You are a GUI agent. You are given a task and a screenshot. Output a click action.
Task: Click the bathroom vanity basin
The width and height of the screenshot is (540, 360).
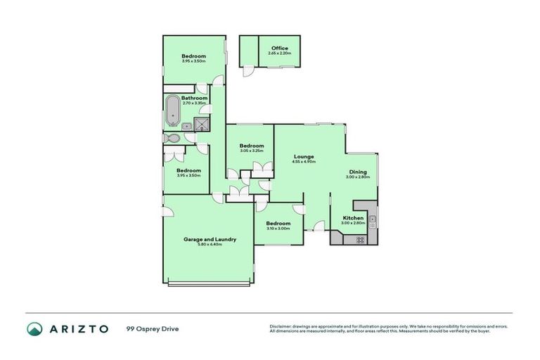click(187, 127)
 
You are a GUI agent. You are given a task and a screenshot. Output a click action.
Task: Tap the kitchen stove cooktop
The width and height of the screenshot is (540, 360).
click(359, 240)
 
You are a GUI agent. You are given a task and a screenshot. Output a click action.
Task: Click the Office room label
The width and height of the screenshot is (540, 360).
click(279, 49)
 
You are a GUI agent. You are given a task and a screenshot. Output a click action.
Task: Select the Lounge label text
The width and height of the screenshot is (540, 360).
click(304, 156)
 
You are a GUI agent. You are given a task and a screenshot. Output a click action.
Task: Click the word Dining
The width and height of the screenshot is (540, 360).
click(358, 172)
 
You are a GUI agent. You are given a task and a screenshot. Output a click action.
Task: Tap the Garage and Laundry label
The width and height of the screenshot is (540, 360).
click(210, 239)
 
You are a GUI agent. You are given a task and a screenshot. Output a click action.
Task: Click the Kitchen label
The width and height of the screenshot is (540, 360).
click(353, 218)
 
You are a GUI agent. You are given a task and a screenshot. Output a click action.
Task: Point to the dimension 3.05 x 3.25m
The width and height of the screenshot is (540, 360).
click(251, 150)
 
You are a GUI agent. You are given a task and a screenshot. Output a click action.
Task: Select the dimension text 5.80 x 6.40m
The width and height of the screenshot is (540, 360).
click(210, 245)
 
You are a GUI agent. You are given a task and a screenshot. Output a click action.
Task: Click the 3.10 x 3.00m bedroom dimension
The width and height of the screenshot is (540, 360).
click(278, 229)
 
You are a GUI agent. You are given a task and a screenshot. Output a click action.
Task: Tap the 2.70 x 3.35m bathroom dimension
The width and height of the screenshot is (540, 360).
click(194, 103)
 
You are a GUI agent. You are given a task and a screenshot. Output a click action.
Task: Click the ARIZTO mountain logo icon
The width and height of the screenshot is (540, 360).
click(34, 329)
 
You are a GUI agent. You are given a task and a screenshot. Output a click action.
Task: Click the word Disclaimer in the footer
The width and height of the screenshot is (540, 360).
click(282, 326)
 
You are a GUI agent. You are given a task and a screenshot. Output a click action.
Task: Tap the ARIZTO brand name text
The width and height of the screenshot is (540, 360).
click(78, 329)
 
